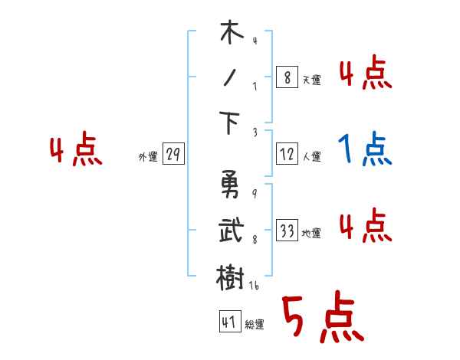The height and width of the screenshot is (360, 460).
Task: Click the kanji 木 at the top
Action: point(231,34)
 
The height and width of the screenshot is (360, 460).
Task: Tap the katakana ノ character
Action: point(230,78)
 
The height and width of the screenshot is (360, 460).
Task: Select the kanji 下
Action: point(231,123)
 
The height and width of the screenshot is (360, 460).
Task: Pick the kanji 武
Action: point(231,231)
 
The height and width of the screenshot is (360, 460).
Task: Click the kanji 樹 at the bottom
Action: point(231,275)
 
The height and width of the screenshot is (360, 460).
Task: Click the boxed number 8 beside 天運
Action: point(287,77)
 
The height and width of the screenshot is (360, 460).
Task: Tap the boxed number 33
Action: point(287,231)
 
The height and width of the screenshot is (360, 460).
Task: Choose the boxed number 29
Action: point(173,155)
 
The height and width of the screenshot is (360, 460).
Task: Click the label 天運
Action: point(311,80)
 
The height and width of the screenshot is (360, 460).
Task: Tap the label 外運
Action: point(147,157)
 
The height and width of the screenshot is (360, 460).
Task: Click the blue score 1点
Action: point(365,149)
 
